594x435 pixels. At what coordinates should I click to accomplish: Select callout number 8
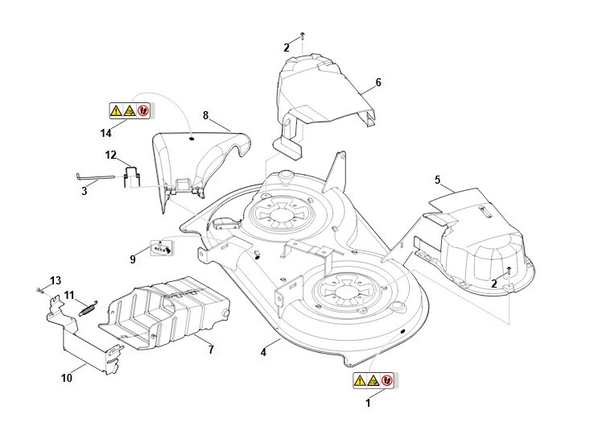click(x=205, y=116)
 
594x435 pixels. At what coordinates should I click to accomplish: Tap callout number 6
click(x=378, y=82)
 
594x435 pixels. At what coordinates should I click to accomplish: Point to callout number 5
click(x=438, y=179)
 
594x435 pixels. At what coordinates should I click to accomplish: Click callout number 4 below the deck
click(x=264, y=352)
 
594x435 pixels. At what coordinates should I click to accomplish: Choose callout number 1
click(x=368, y=401)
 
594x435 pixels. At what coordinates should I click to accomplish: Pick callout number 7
click(x=210, y=350)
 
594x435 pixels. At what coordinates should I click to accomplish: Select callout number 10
click(x=66, y=377)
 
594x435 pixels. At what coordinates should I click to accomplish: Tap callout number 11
click(x=69, y=294)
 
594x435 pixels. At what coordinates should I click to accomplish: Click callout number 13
click(x=56, y=280)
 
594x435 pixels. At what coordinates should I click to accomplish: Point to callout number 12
click(x=111, y=155)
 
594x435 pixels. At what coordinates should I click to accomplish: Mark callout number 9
click(x=133, y=259)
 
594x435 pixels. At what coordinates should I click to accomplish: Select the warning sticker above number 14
click(x=129, y=110)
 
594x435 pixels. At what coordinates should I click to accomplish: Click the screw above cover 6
click(x=303, y=35)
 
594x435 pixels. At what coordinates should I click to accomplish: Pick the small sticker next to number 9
click(x=162, y=247)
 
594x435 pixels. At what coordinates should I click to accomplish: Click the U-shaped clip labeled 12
click(x=133, y=175)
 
